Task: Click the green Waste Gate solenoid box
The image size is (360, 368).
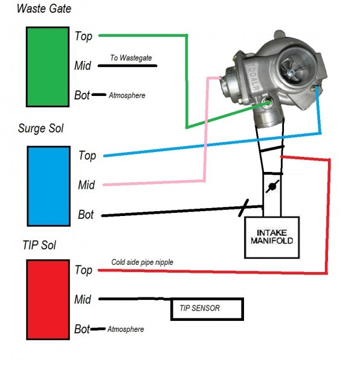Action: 48,67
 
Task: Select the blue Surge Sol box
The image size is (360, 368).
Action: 49,186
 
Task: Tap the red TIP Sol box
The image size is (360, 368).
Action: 48,300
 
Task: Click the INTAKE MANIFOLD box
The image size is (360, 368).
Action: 272,238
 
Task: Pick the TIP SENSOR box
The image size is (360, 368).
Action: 207,309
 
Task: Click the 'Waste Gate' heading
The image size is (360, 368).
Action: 44,8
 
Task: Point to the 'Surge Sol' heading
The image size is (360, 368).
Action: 40,128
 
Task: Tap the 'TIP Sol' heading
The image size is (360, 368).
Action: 39,245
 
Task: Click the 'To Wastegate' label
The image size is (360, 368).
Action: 131,58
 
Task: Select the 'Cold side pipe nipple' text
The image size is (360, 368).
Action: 142,262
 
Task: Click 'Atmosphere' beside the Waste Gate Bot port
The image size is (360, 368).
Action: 127,95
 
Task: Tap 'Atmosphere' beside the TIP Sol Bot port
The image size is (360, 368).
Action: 126,329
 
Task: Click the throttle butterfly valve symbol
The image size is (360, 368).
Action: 272,186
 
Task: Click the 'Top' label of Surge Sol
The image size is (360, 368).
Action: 87,156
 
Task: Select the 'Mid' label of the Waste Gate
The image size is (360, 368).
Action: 83,66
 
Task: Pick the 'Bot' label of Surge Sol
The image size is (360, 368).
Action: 86,215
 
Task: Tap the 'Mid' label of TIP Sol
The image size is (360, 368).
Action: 83,299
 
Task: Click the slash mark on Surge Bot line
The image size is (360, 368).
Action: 243,208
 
